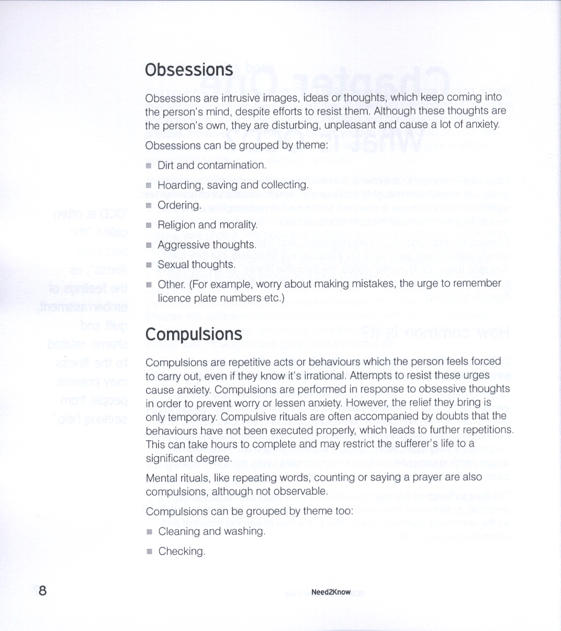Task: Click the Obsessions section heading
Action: point(189,70)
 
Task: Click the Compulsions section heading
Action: point(194,334)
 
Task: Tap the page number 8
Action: point(42,591)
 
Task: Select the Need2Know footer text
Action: point(331,592)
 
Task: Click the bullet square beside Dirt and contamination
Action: point(149,166)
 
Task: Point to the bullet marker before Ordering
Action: point(149,205)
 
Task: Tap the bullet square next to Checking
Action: point(149,552)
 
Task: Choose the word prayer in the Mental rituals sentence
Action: point(428,477)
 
